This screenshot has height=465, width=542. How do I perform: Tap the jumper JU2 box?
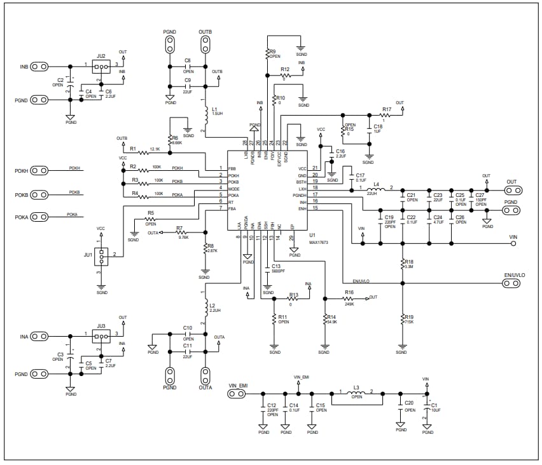(x=101, y=66)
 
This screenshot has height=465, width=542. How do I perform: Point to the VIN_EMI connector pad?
(x=237, y=394)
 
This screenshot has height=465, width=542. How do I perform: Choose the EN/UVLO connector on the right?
(x=511, y=283)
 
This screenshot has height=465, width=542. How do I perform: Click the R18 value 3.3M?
(x=409, y=267)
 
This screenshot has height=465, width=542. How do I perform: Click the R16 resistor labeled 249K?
(x=349, y=297)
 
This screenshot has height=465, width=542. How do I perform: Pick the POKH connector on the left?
(x=39, y=170)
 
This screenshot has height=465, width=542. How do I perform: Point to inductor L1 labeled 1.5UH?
(x=205, y=114)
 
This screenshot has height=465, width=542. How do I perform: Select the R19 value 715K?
(x=408, y=322)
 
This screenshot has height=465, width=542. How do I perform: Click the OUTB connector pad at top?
(x=205, y=45)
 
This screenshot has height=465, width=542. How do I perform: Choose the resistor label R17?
(x=386, y=109)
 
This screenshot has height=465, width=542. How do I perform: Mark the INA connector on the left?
(x=39, y=335)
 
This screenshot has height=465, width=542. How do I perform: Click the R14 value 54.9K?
(x=331, y=322)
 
